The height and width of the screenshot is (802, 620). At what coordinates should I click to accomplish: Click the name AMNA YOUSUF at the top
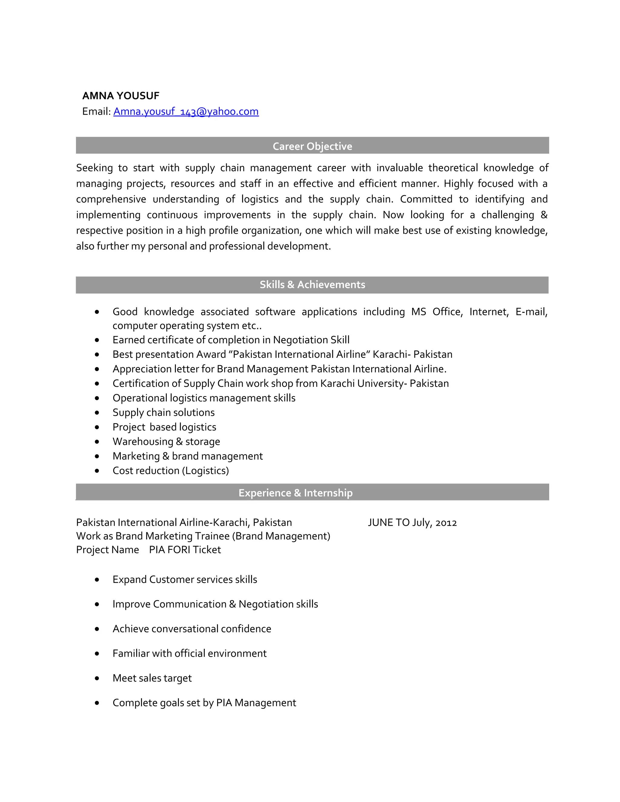tap(120, 96)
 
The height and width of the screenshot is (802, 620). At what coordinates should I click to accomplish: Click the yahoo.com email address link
tap(186, 111)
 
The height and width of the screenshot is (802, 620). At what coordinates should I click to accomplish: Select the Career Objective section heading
tap(312, 146)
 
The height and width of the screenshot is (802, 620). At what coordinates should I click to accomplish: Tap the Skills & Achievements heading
tap(312, 284)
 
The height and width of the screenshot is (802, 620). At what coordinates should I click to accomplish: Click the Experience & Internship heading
tap(295, 492)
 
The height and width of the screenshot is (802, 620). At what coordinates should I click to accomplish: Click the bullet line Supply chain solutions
tap(163, 413)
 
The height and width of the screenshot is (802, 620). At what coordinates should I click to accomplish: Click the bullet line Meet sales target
tap(152, 678)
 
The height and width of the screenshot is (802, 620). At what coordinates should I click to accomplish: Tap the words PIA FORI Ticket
tap(185, 550)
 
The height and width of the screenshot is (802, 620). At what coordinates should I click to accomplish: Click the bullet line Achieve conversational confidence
tap(192, 629)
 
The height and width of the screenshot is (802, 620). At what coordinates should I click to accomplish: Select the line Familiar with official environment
tap(190, 653)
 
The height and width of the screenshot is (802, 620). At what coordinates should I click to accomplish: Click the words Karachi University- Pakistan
tap(384, 383)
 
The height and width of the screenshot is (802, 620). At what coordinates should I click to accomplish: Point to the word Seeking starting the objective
tap(94, 168)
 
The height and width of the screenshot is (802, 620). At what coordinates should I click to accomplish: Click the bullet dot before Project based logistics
tap(97, 427)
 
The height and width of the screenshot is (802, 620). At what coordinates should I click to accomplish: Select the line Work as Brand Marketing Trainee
tap(203, 536)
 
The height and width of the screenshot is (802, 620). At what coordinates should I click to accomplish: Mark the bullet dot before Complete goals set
tap(97, 703)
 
